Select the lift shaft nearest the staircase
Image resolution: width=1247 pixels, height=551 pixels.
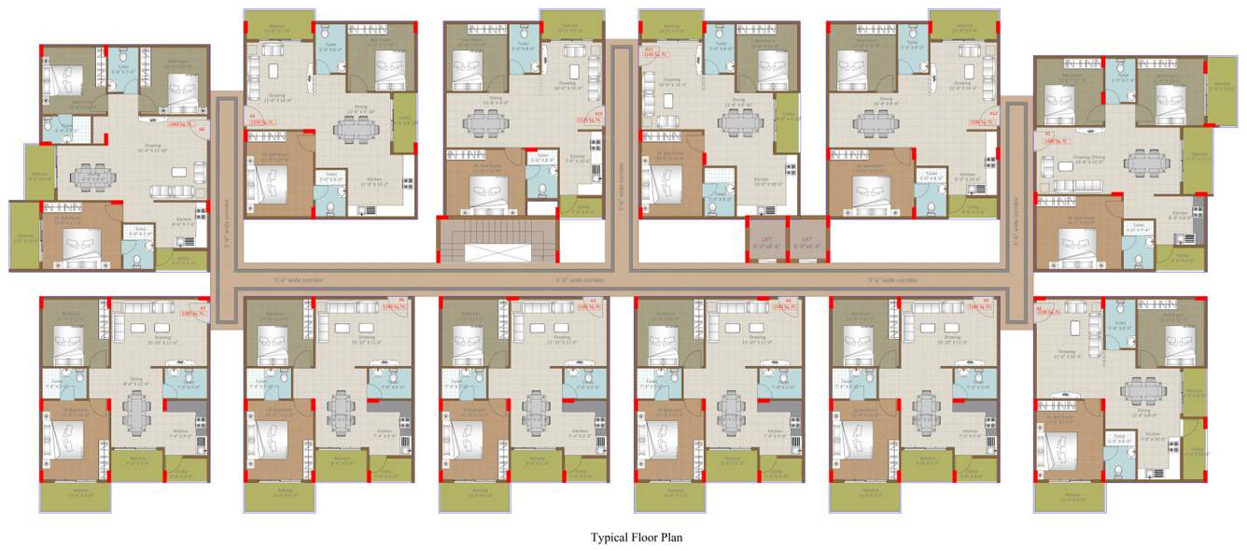pyautogui.click(x=765, y=239)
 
